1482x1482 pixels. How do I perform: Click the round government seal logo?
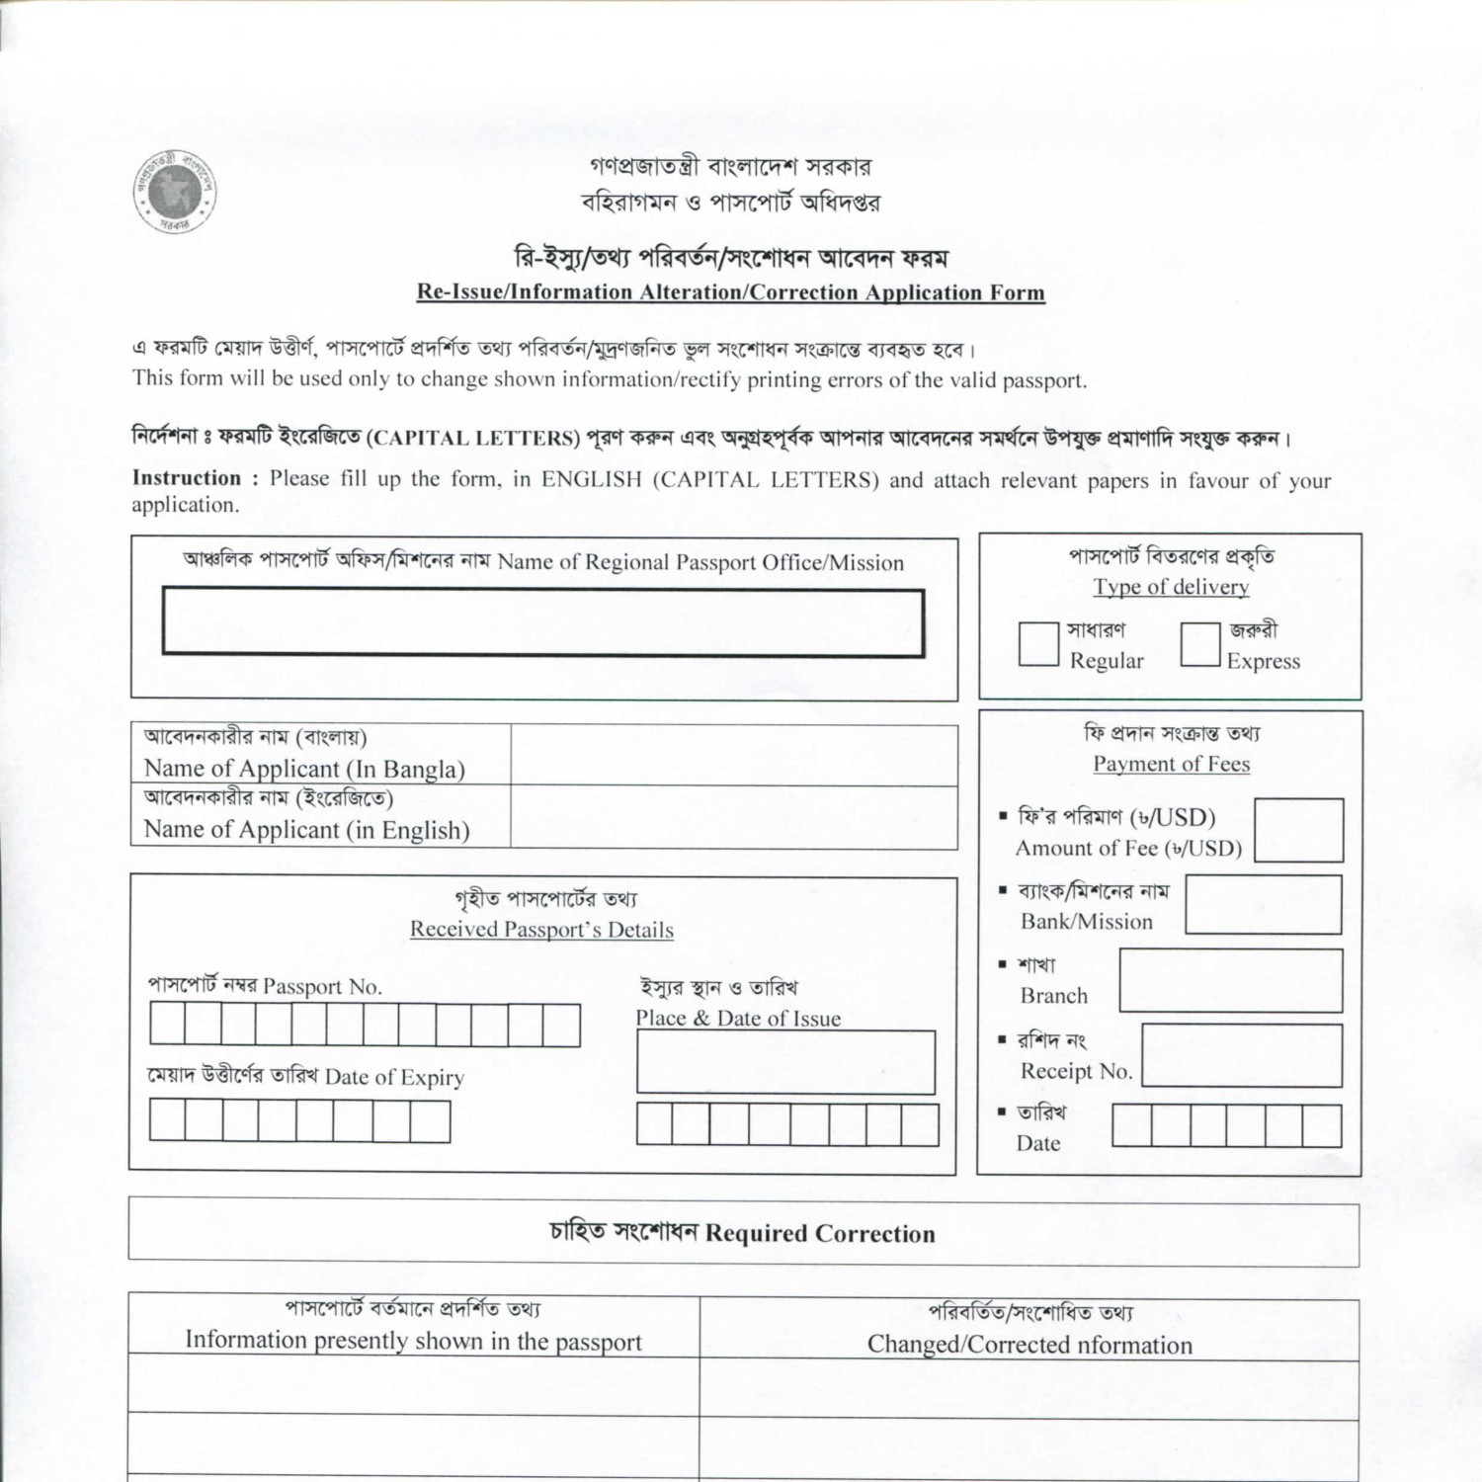click(176, 192)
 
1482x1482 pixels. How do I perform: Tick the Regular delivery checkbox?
click(1038, 644)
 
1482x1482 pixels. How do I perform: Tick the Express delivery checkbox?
click(1199, 644)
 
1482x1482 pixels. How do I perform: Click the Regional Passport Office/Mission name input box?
click(543, 622)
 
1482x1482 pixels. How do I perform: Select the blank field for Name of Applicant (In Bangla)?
click(733, 756)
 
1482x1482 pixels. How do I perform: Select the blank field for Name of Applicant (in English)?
click(733, 817)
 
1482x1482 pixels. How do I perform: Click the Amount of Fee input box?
click(1298, 830)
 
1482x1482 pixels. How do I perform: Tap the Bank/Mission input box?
click(1263, 904)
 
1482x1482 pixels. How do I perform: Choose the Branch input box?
click(1230, 980)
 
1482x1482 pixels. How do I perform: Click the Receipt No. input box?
click(1242, 1055)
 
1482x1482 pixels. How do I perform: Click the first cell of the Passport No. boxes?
click(168, 1025)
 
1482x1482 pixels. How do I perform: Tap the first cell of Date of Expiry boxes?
click(168, 1121)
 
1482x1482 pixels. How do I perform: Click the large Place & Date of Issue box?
click(785, 1062)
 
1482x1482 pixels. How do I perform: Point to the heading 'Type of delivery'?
click(1171, 587)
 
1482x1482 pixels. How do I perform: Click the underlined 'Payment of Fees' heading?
click(1171, 764)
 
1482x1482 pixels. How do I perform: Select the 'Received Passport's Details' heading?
click(541, 930)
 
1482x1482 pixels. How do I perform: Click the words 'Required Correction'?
click(820, 1234)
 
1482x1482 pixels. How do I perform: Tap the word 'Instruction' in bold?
click(187, 478)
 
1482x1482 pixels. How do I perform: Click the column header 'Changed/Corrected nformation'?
click(1029, 1345)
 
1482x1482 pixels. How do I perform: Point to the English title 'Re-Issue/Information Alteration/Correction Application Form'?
click(730, 292)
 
